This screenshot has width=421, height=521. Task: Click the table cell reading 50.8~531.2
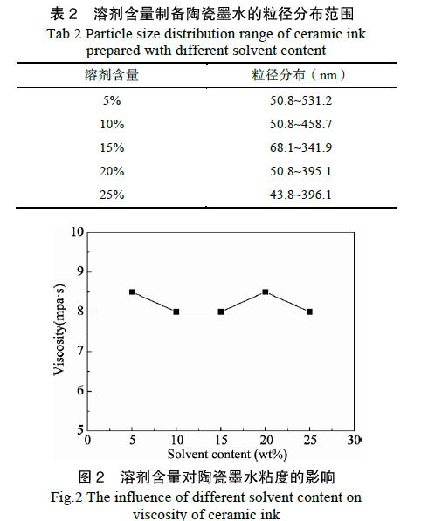click(300, 100)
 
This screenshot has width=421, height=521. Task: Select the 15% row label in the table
click(112, 147)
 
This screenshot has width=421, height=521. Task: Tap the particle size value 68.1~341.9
click(300, 147)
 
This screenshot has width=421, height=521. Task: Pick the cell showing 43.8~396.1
click(300, 195)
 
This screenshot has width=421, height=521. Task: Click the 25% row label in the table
click(112, 195)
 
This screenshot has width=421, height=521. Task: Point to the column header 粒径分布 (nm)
click(299, 75)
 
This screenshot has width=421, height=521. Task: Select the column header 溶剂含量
click(112, 75)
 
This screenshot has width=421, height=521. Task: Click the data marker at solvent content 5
click(132, 292)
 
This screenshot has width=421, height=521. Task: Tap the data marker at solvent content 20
click(266, 292)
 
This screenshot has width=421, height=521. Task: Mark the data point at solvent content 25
click(309, 312)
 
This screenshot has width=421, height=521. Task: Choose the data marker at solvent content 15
click(221, 312)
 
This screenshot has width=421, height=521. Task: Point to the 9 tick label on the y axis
click(79, 271)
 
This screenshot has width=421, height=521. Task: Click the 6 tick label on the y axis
click(79, 390)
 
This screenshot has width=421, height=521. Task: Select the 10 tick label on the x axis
click(177, 440)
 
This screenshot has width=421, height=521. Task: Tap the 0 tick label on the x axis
click(87, 440)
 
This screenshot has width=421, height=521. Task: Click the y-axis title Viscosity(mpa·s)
click(60, 330)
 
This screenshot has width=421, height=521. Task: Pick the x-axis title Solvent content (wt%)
click(227, 454)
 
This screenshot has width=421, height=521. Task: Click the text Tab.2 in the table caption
click(64, 34)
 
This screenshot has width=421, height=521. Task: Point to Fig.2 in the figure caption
click(66, 497)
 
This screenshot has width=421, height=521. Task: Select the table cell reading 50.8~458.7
click(300, 124)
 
